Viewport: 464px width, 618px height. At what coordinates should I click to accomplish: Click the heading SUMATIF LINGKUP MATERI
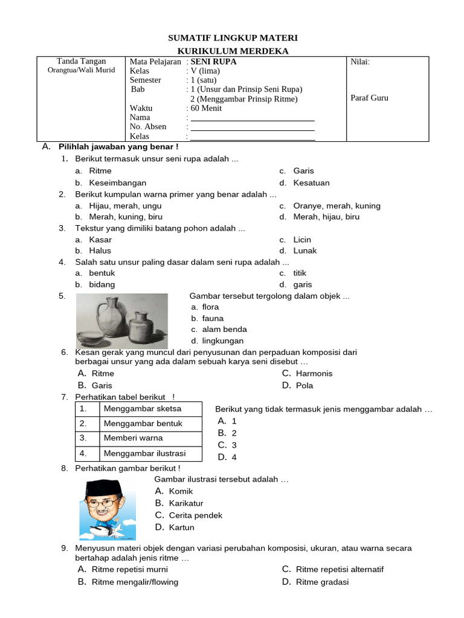tap(233, 38)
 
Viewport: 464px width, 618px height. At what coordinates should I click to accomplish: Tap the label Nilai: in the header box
tap(360, 62)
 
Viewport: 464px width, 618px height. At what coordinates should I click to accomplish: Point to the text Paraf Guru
tap(369, 98)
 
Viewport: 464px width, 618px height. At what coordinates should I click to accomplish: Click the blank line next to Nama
tap(253, 118)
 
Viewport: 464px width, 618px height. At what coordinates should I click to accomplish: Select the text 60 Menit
tap(206, 108)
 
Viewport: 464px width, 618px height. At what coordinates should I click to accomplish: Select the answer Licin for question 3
tap(302, 240)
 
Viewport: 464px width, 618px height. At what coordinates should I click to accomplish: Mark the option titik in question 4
tap(300, 273)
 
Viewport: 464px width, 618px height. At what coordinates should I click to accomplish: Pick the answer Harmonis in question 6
tap(314, 374)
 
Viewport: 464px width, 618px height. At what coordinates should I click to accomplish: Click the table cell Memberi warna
tap(133, 438)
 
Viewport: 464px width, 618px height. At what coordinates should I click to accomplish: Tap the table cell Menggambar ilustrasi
tap(144, 453)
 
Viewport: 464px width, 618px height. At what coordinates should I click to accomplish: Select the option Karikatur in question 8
tap(185, 503)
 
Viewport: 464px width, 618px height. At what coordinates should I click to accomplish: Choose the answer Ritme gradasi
tap(322, 582)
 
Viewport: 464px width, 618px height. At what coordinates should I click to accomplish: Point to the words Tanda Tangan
tap(81, 61)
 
